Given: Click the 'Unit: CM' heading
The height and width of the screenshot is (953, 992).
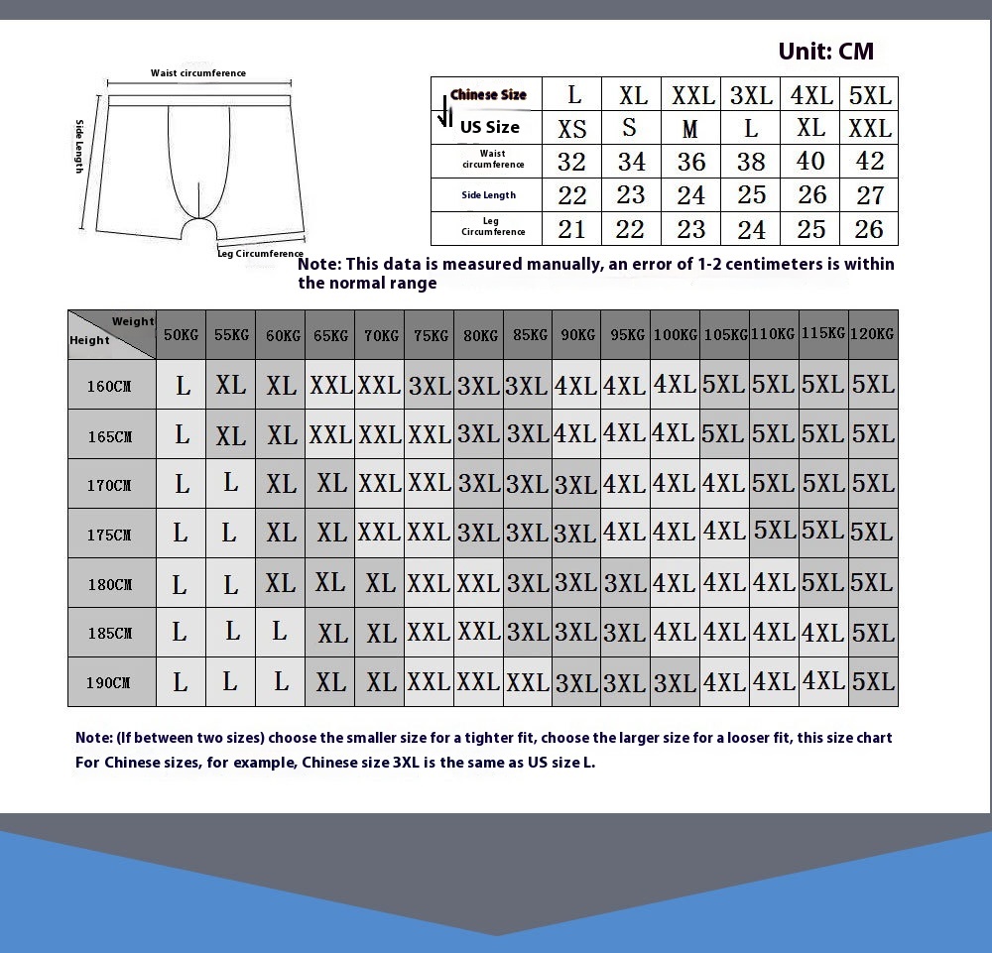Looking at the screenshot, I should [825, 52].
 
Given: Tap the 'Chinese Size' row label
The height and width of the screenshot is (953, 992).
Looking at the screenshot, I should [488, 95].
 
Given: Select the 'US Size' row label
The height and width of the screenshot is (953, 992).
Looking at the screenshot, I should [489, 127].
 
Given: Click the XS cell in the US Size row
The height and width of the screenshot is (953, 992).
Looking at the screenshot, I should [572, 129].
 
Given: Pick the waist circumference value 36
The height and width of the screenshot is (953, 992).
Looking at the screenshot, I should [691, 162].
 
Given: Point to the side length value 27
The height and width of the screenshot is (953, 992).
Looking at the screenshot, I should [870, 195].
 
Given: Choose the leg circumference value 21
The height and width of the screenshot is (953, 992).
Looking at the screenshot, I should [572, 230].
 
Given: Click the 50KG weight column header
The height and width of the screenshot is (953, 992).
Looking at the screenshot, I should [181, 335].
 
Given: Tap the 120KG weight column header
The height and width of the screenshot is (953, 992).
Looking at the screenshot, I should [873, 334].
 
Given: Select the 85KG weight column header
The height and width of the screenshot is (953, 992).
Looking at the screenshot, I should [528, 335].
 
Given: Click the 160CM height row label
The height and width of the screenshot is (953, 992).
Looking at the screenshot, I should [110, 387].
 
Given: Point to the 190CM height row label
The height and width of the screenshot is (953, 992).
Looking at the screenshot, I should [110, 683].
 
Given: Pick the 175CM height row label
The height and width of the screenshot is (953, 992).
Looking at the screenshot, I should [110, 535].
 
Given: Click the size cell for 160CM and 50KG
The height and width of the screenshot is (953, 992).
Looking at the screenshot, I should [183, 386].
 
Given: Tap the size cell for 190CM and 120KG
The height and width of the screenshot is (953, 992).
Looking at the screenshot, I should [873, 682].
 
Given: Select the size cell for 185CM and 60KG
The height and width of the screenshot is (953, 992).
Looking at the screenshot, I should [281, 632].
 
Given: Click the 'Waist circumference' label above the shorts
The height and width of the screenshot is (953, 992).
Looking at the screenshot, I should [198, 73].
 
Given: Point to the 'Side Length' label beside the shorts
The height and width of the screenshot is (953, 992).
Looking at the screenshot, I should [80, 147].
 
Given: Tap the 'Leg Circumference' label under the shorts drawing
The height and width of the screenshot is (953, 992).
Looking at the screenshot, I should [260, 254].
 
